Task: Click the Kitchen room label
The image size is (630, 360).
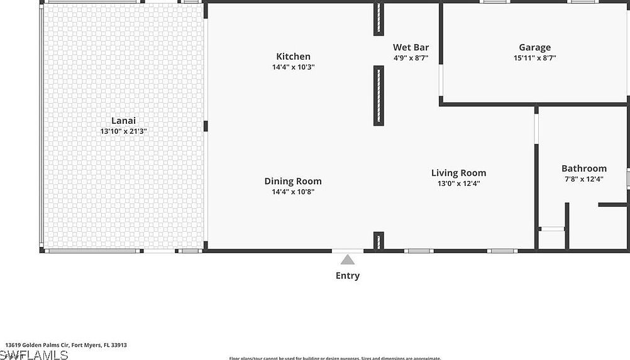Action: pos(293,57)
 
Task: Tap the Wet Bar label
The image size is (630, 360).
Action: pos(411,47)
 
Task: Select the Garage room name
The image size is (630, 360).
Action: pos(534,47)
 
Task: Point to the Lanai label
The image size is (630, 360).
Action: pos(123,121)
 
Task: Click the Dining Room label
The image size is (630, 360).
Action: pos(293,182)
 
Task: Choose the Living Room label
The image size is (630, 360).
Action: pos(458,173)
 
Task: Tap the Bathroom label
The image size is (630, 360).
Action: pos(583,168)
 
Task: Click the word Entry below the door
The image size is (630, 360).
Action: pos(348,275)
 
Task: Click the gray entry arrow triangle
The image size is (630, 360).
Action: pos(348,259)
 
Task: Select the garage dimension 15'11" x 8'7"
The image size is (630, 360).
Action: pos(534,58)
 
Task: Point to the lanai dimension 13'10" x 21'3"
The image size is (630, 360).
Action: pos(123,131)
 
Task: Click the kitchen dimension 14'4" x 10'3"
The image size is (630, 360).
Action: pos(293,67)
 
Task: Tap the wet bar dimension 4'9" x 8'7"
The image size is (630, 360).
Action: pos(411,58)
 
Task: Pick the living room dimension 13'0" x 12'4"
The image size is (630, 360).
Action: pos(458,183)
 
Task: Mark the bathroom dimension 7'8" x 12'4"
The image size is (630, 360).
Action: pos(583,179)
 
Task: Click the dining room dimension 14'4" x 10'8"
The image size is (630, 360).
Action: pos(293,192)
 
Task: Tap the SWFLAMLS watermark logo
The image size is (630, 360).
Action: pos(34,355)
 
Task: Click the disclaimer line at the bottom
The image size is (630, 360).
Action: pos(334,358)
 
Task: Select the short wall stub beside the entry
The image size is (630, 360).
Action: pos(379,241)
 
